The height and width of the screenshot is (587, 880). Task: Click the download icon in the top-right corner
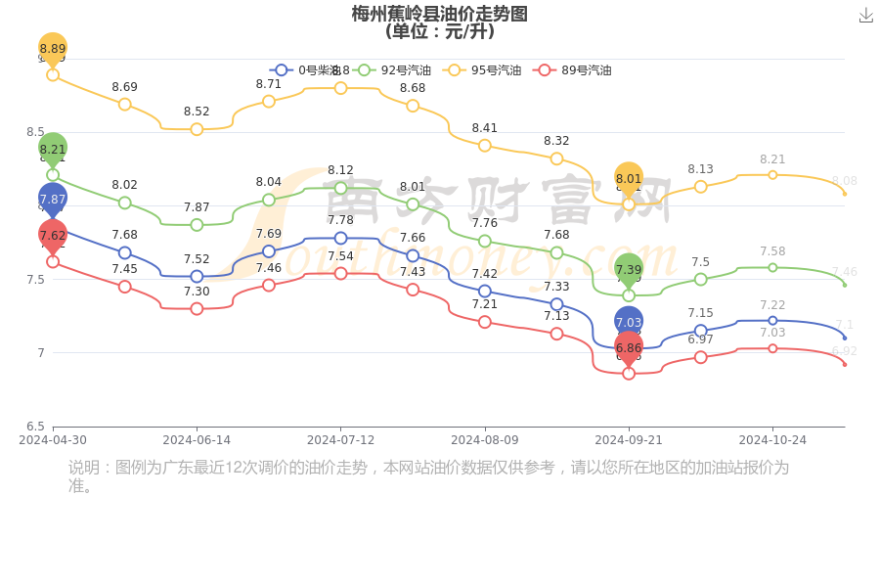coord(866,15)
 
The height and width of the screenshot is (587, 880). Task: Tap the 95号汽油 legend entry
coord(483,70)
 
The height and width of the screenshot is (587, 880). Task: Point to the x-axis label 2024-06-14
coord(197,440)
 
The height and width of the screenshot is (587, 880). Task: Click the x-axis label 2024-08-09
coord(485,440)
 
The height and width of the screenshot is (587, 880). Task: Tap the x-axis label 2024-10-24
coord(772,440)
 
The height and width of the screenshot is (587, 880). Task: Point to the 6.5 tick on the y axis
coord(35,427)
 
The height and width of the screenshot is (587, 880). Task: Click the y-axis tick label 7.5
coord(35,280)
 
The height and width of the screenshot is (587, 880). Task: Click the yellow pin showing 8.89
coord(53,49)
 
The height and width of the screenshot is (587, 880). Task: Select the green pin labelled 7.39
coord(629,270)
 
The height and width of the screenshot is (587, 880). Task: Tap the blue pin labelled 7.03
coord(629,322)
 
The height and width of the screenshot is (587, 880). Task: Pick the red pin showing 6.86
coord(629,347)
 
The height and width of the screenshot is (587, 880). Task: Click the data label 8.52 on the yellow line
coord(197,112)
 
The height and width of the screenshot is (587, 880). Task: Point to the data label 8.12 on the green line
coord(340,170)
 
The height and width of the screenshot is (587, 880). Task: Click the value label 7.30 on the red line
coord(197,292)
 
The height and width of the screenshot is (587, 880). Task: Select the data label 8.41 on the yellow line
coord(485,128)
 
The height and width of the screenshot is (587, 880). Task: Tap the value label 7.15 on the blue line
coord(700,313)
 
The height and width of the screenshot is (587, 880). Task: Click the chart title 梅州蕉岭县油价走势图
coord(439,14)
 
